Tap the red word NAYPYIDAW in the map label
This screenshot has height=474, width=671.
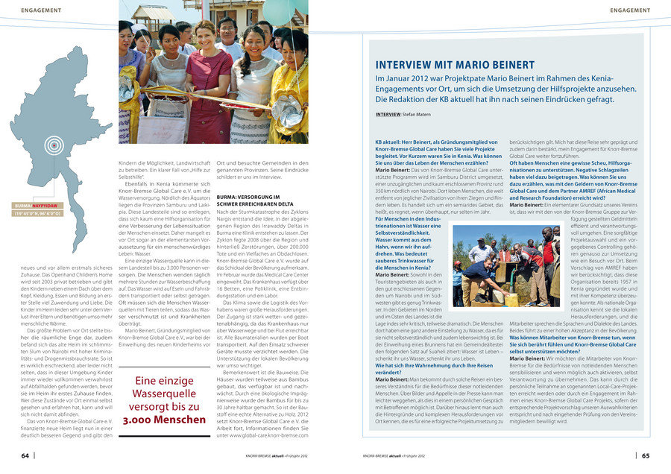pos(47,205)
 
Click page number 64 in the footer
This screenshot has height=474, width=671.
pos(25,455)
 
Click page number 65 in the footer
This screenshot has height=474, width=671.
pos(646,455)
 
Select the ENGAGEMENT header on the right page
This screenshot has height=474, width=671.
pos(630,9)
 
